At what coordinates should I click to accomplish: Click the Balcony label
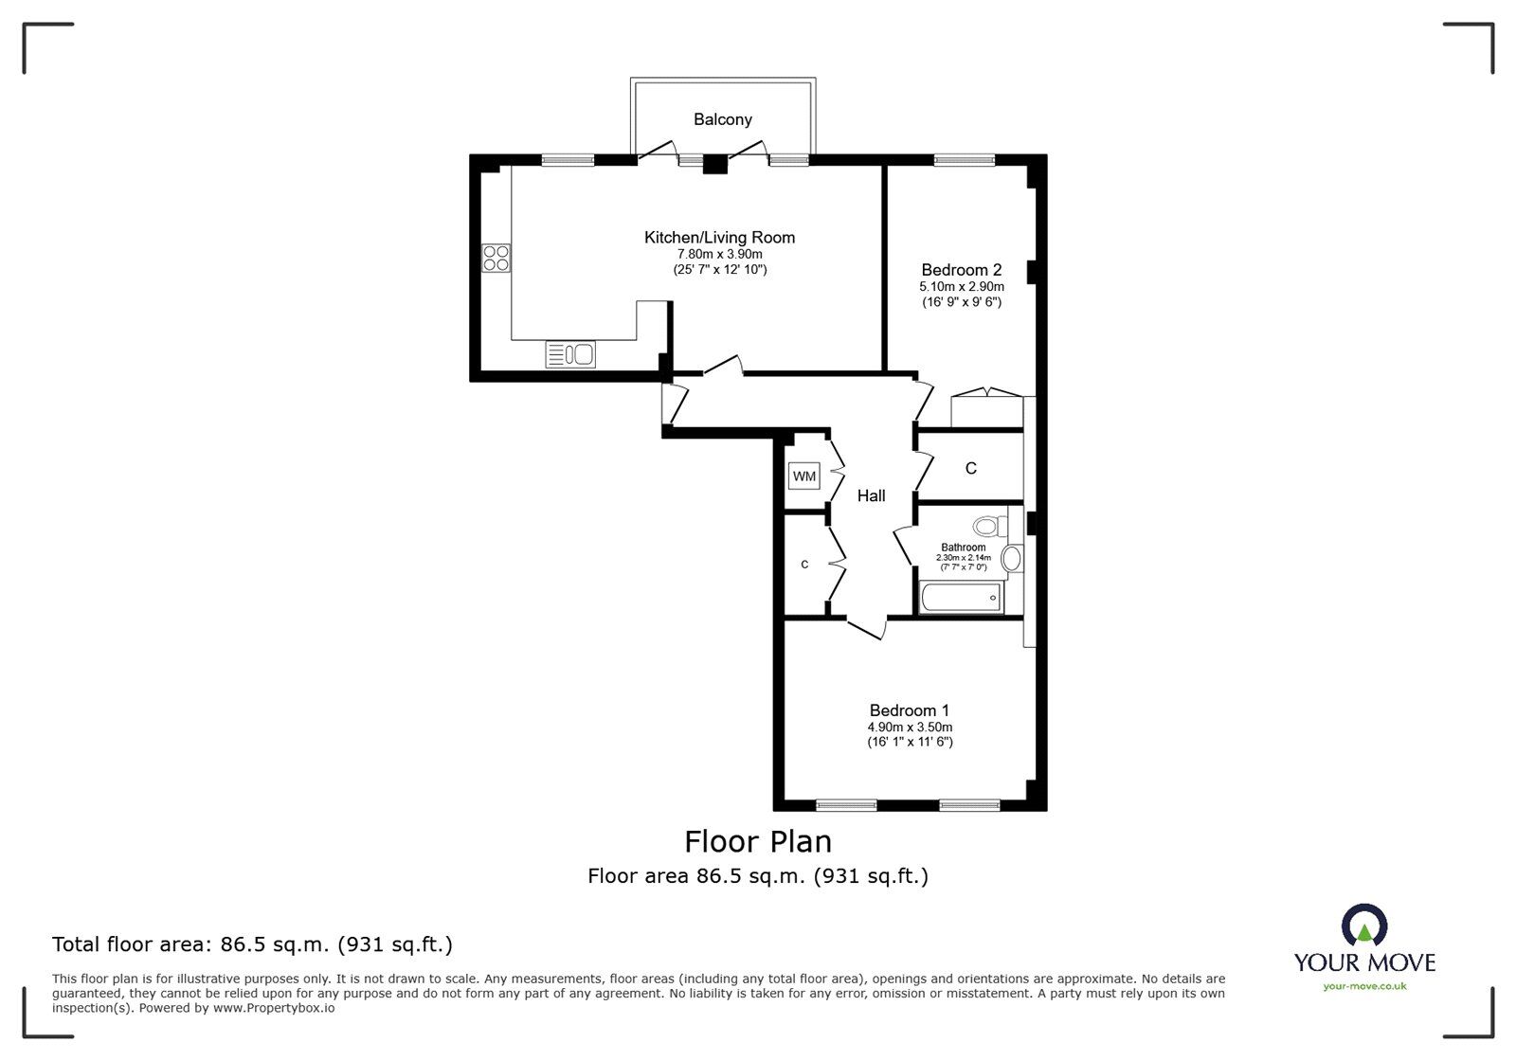click(722, 119)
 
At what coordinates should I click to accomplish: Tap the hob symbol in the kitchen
click(496, 258)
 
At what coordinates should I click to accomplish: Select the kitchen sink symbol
click(570, 354)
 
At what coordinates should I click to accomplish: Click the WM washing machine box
click(803, 476)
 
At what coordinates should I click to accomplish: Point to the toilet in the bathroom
click(988, 525)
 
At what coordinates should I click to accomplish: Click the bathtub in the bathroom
click(960, 598)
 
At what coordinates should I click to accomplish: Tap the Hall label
click(871, 495)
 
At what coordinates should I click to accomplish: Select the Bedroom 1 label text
click(909, 710)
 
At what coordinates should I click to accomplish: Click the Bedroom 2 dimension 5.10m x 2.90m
click(961, 286)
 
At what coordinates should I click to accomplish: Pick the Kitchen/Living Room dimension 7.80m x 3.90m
click(719, 254)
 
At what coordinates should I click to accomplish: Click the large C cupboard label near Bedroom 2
click(970, 468)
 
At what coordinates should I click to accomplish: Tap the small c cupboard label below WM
click(804, 565)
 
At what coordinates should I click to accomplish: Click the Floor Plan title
click(758, 841)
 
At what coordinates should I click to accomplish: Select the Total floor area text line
click(252, 944)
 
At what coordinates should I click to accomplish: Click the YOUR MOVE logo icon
click(1364, 925)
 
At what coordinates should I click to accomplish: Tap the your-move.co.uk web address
click(1364, 986)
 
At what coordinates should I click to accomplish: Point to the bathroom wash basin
click(1011, 558)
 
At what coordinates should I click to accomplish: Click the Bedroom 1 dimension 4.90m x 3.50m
click(910, 727)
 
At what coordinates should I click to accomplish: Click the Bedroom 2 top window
click(964, 160)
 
